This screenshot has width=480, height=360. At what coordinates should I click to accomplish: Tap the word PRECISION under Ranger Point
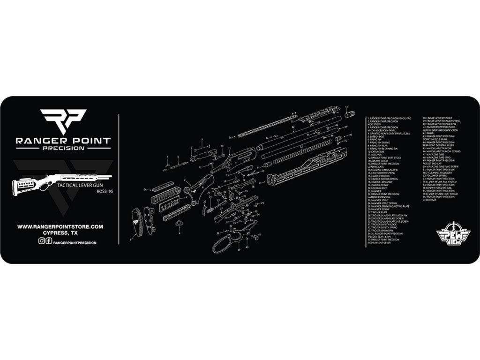pyautogui.click(x=63, y=148)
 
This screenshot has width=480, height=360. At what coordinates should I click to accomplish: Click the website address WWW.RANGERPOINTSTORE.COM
pyautogui.click(x=60, y=226)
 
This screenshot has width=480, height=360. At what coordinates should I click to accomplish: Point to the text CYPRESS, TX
pyautogui.click(x=60, y=233)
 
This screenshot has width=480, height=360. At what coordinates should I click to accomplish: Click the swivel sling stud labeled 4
pyautogui.click(x=179, y=224)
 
